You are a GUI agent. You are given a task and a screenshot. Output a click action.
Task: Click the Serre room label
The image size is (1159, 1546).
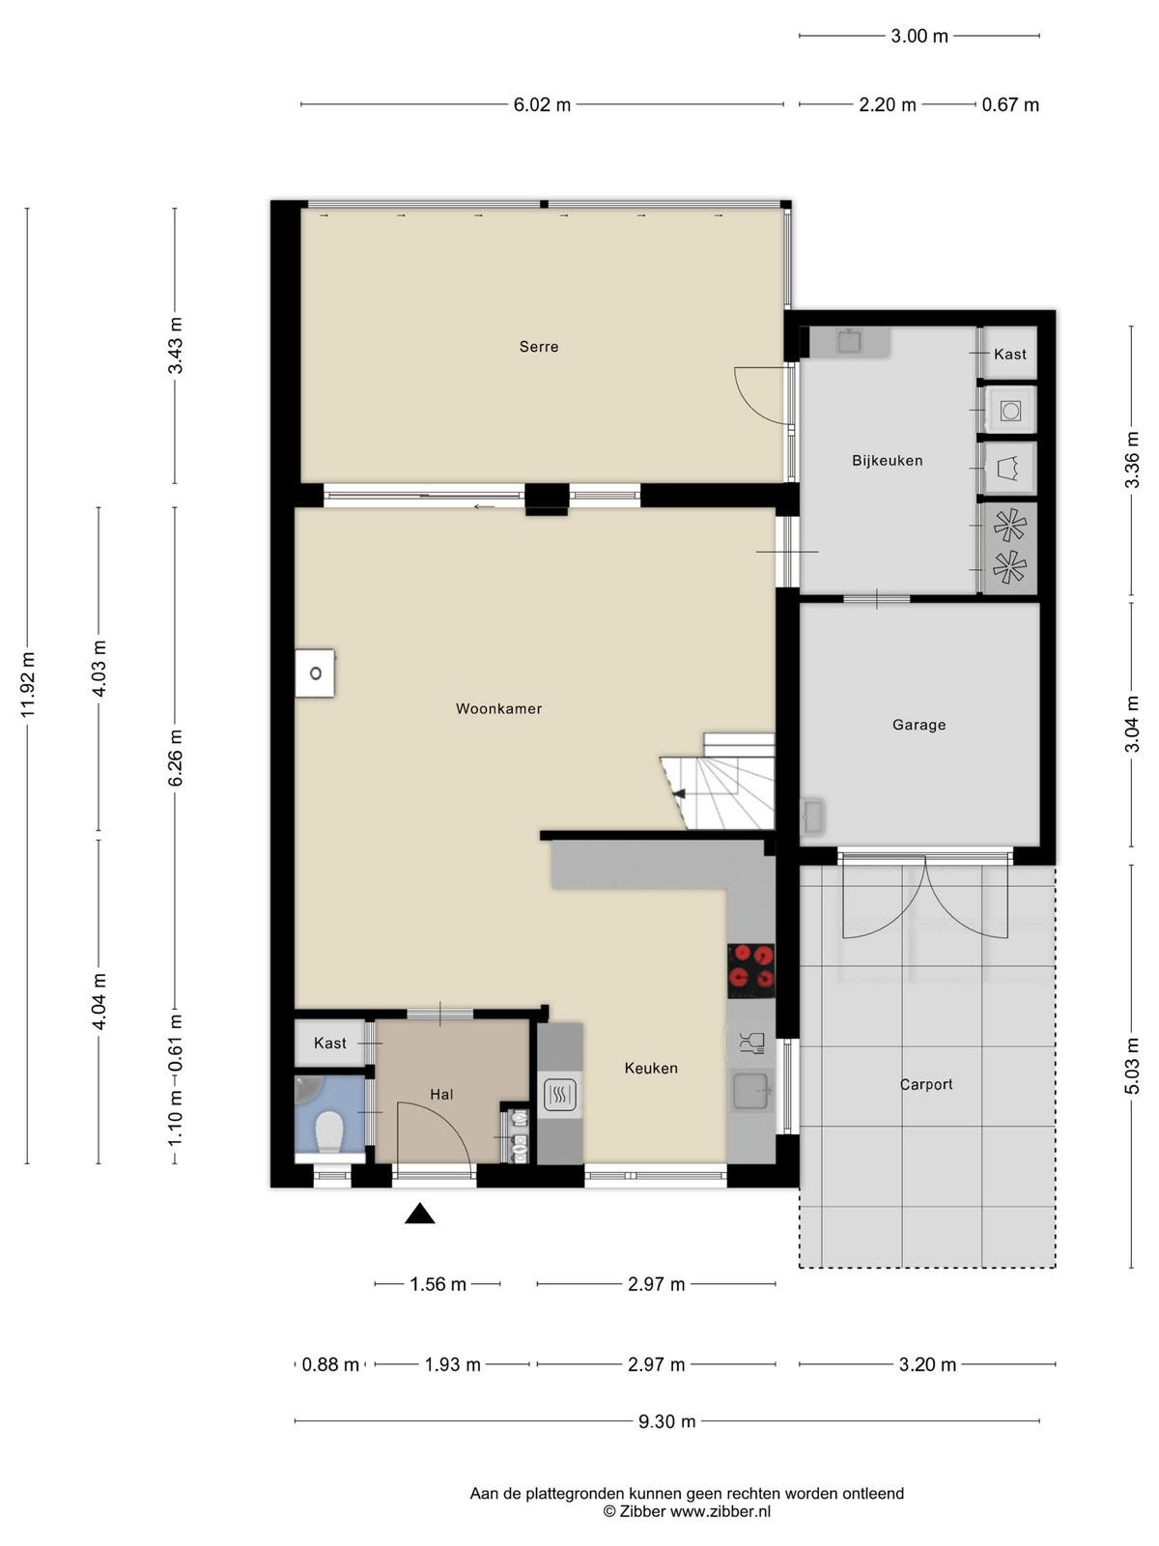pos(538,347)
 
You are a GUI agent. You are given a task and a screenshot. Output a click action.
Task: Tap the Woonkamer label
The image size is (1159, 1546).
pos(499,708)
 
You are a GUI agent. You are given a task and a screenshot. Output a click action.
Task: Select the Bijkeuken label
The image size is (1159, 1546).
pos(888,461)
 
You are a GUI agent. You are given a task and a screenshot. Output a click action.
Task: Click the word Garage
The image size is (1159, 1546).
pos(919,725)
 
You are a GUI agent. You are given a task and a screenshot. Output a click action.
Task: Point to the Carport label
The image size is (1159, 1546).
pos(926,1085)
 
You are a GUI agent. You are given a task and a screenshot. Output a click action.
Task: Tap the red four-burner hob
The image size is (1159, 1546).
pos(750,969)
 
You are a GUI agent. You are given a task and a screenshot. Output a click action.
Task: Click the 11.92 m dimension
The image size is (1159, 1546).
pos(27,685)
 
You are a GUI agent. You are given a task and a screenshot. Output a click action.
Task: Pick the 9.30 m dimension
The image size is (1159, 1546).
pos(666,1421)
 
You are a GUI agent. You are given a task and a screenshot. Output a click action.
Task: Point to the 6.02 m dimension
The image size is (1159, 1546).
pos(542,105)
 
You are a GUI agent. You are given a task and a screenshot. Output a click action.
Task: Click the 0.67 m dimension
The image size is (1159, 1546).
pos(1010,105)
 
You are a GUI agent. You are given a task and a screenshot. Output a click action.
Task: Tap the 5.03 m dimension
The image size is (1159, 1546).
pos(1132,1066)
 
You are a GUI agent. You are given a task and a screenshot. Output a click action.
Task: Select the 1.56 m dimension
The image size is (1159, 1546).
pos(438,1284)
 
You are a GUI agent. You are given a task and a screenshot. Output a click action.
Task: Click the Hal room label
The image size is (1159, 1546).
pos(441,1095)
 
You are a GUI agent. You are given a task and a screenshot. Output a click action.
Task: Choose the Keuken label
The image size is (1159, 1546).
pos(651,1069)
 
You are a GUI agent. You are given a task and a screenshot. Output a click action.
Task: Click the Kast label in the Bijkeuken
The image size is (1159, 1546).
pos(1010,355)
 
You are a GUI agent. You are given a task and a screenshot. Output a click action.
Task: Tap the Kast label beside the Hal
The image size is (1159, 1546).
pos(330,1043)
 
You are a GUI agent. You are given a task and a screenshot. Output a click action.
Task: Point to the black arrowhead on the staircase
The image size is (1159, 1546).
pos(678,794)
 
